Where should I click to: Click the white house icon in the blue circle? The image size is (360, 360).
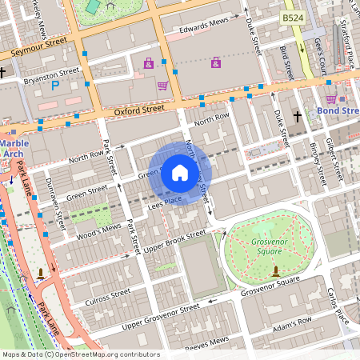(180, 172)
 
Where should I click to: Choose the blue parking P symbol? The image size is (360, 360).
(55, 85)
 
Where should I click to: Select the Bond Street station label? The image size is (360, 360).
(338, 110)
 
